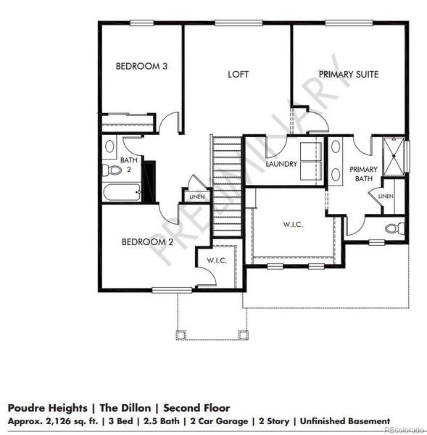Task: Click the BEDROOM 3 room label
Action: point(141,67)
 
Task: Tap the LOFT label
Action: point(239,74)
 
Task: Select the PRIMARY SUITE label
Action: point(349,74)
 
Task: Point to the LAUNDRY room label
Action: point(281,164)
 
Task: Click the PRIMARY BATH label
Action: point(363,174)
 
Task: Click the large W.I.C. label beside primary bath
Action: point(293,225)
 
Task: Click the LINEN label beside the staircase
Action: point(197,196)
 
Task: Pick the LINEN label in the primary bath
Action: point(385,196)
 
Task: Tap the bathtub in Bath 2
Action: point(121,194)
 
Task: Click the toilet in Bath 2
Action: point(112,170)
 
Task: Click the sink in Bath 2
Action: point(110,146)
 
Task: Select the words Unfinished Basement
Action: point(344,420)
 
